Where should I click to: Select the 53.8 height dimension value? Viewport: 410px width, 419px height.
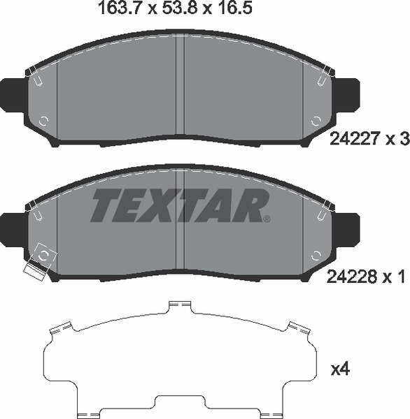179,8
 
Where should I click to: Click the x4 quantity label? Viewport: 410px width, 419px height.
340,369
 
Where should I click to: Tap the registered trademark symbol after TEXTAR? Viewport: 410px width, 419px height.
267,219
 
